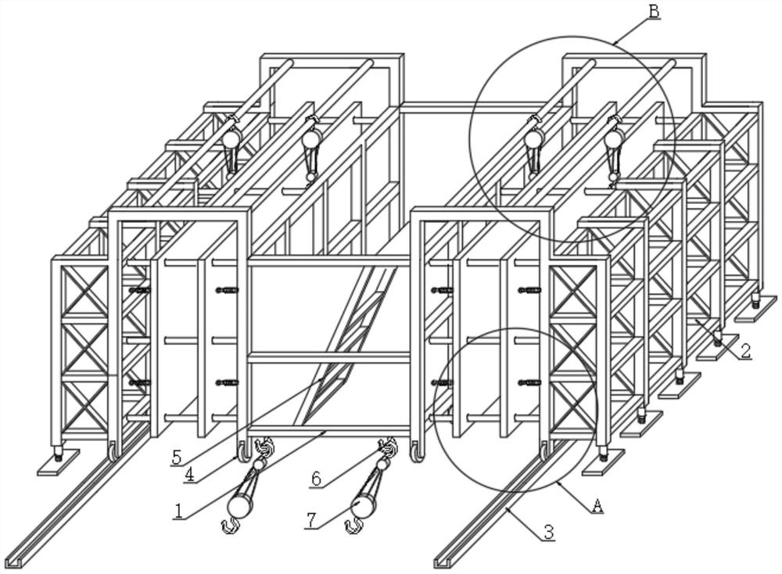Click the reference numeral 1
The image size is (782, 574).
pyautogui.click(x=177, y=511)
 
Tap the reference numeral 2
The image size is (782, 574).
pyautogui.click(x=745, y=350)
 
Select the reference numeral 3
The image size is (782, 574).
pyautogui.click(x=548, y=532)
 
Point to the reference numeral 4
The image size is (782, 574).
pyautogui.click(x=189, y=474)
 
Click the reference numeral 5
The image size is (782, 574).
pyautogui.click(x=176, y=457)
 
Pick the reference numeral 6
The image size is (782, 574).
pyautogui.click(x=316, y=479)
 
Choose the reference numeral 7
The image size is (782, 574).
pyautogui.click(x=310, y=520)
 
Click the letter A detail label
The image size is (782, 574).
pyautogui.click(x=597, y=506)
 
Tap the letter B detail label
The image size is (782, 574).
pyautogui.click(x=655, y=11)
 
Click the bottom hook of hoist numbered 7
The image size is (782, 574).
pyautogui.click(x=353, y=526)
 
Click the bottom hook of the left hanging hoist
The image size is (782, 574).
pyautogui.click(x=231, y=526)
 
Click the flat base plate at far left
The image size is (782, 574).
pyautogui.click(x=59, y=462)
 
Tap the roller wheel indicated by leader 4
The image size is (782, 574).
pyautogui.click(x=244, y=452)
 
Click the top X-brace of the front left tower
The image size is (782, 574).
pyautogui.click(x=84, y=290)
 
